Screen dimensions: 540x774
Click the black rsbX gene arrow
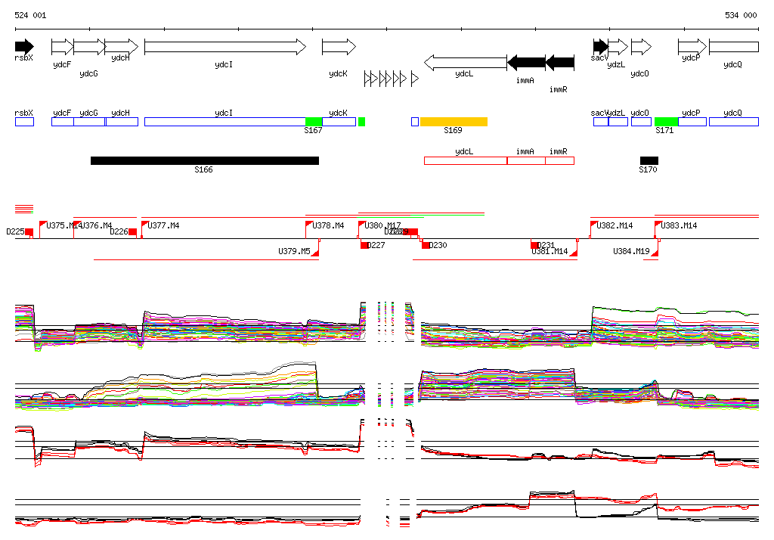point(23,46)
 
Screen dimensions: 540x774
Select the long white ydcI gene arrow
point(224,47)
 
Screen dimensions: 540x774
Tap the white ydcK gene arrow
point(338,47)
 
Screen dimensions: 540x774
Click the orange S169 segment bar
point(454,122)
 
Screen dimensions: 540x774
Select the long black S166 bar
point(204,160)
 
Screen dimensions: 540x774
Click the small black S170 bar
point(649,160)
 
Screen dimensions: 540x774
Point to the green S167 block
point(314,122)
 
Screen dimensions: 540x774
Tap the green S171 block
point(666,122)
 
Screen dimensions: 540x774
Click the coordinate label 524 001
point(30,15)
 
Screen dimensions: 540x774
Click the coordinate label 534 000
point(741,15)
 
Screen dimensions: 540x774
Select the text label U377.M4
point(164,225)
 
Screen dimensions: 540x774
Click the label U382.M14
point(615,225)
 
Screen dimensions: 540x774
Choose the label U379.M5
point(294,251)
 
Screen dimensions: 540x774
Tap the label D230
point(438,245)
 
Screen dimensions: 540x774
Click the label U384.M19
point(631,251)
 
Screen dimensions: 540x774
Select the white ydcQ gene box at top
point(733,47)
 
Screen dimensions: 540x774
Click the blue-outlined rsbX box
point(24,122)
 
